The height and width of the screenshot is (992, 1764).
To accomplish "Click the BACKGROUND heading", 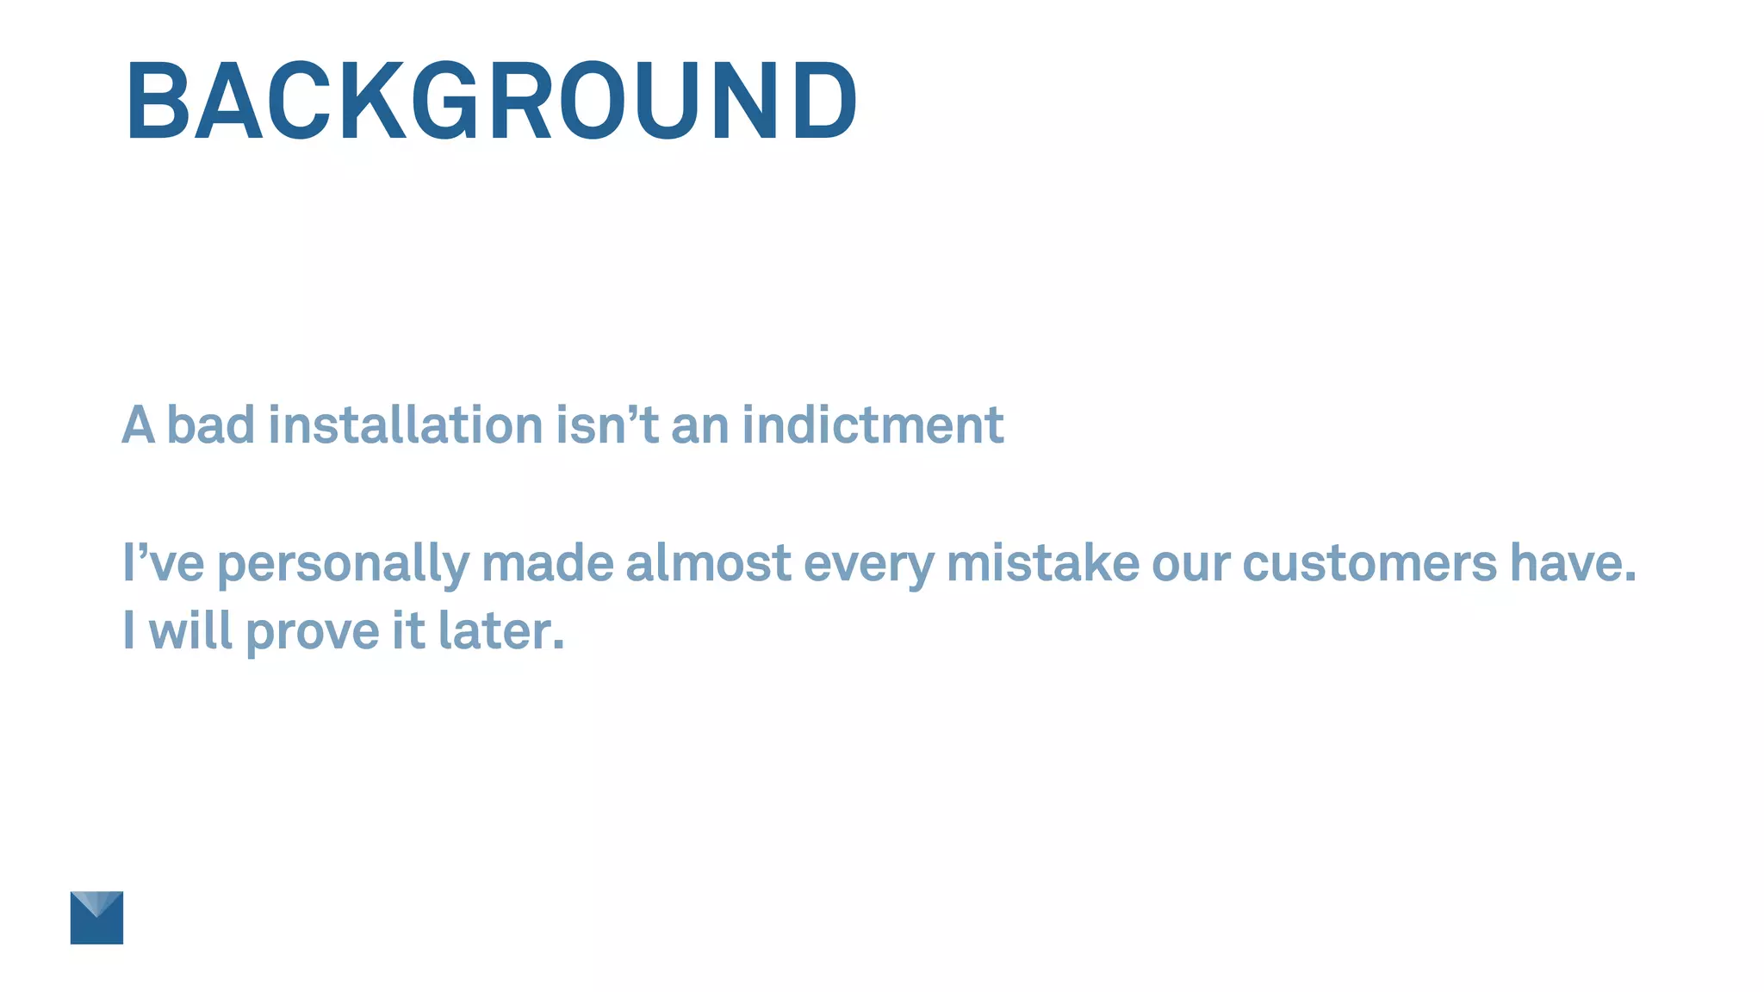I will click(491, 101).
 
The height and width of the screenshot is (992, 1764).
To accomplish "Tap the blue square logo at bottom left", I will click(96, 917).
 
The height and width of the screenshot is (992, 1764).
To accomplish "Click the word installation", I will click(406, 425).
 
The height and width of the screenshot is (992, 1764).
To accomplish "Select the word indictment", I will click(873, 425).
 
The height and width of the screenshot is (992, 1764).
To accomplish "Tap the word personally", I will click(343, 564).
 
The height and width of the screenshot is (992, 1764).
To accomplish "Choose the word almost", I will click(708, 562).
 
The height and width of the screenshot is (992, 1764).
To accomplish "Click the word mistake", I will click(1043, 562).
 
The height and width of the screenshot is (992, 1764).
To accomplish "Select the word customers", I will click(1370, 562).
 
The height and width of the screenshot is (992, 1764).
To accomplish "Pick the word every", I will click(868, 564).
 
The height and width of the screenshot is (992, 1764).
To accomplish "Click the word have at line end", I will click(1572, 562).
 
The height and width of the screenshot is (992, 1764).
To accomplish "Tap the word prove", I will click(312, 631).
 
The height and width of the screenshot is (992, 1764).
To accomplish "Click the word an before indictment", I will click(699, 426).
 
